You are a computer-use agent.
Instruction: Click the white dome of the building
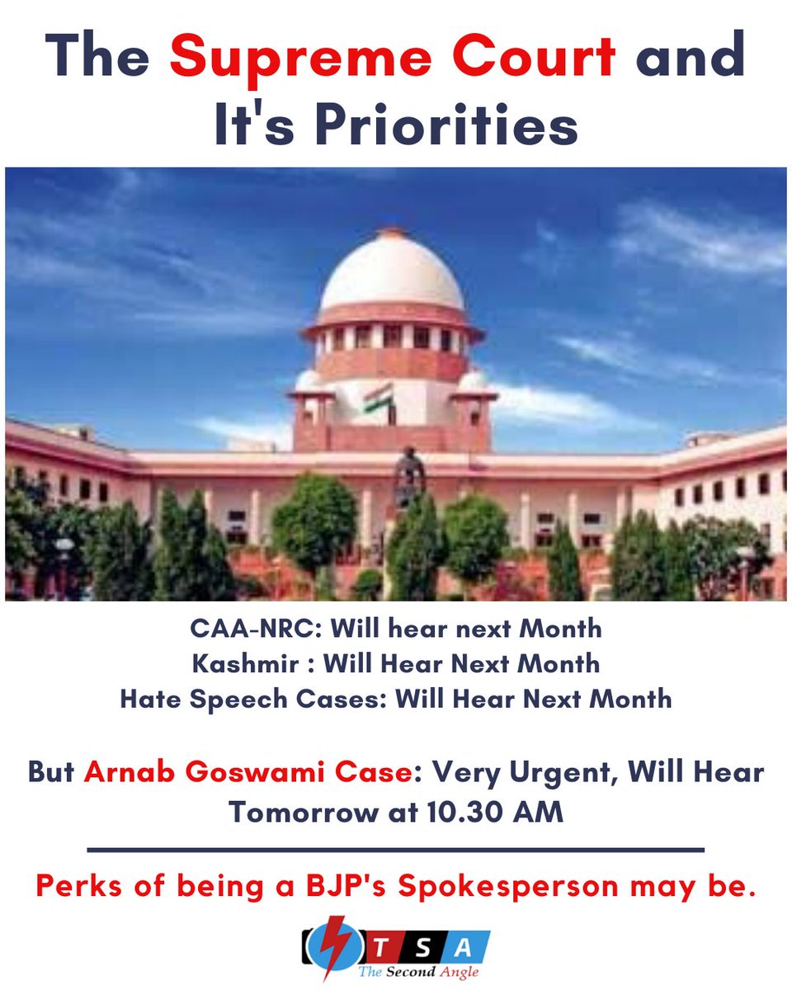click(x=391, y=273)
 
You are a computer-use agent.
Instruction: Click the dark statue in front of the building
click(x=408, y=474)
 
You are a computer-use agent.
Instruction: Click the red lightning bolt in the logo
click(x=336, y=947)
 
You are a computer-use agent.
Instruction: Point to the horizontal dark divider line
click(x=395, y=849)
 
